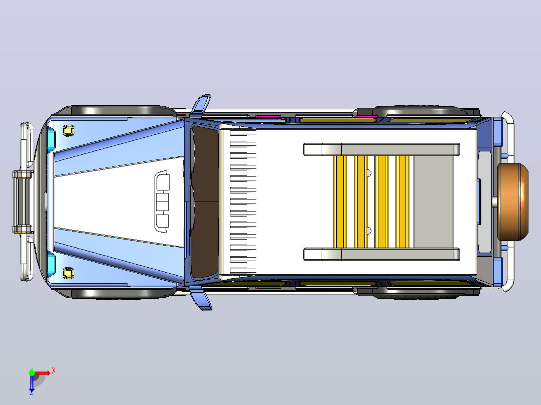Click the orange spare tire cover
click(513, 201)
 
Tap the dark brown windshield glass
click(205, 201)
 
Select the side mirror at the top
click(200, 105)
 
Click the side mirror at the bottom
click(201, 299)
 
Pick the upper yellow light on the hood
click(69, 131)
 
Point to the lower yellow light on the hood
click(69, 273)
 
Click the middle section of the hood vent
click(162, 201)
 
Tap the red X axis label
click(54, 371)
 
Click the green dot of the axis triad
click(32, 373)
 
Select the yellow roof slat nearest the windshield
click(340, 201)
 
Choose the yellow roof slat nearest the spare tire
click(402, 201)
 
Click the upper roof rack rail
click(381, 149)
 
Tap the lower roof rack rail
click(381, 254)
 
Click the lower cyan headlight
click(51, 263)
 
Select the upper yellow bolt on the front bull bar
click(23, 174)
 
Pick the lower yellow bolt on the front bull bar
click(23, 229)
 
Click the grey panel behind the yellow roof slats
click(434, 201)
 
